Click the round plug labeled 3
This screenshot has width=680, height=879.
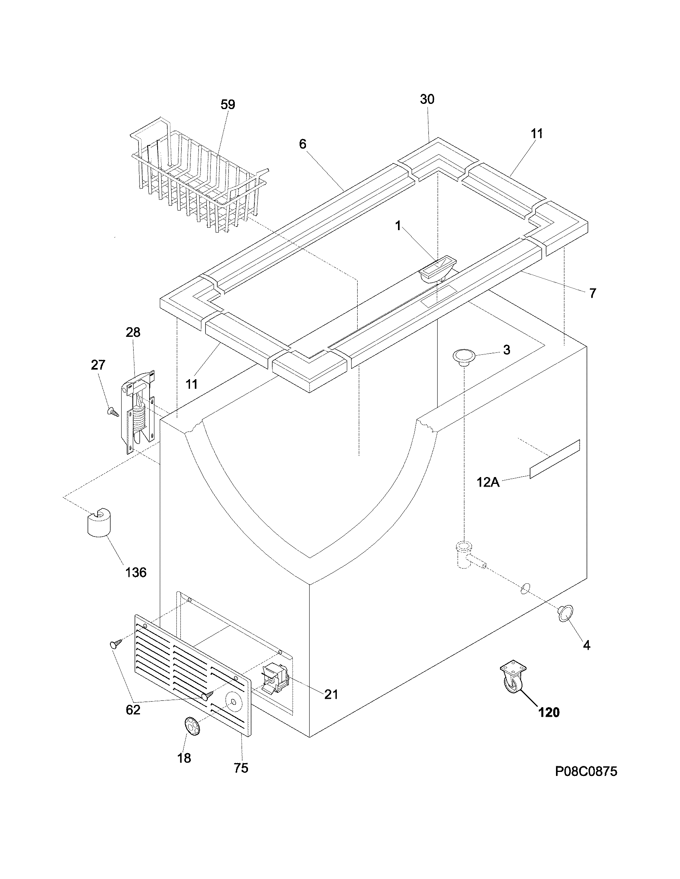[x=463, y=356]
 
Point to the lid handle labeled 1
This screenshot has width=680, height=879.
[x=438, y=267]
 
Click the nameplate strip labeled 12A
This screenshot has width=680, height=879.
[x=555, y=459]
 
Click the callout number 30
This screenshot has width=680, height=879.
[x=427, y=99]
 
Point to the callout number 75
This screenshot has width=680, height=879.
[x=241, y=768]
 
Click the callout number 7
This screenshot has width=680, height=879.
[x=592, y=293]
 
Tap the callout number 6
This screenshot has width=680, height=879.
[x=303, y=144]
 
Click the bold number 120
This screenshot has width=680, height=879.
[x=549, y=712]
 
